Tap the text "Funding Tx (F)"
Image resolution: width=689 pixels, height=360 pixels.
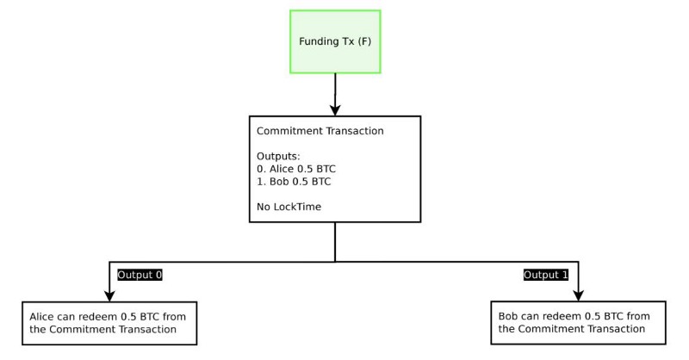[335, 41]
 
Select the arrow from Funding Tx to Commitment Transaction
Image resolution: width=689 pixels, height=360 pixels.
[335, 90]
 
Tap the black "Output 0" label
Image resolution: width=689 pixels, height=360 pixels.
[140, 275]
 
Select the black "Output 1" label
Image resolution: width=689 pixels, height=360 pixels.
[546, 275]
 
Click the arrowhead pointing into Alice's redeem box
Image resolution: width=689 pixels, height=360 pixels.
[109, 293]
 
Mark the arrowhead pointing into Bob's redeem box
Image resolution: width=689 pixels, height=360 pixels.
[577, 293]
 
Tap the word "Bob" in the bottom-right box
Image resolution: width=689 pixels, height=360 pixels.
[509, 316]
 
